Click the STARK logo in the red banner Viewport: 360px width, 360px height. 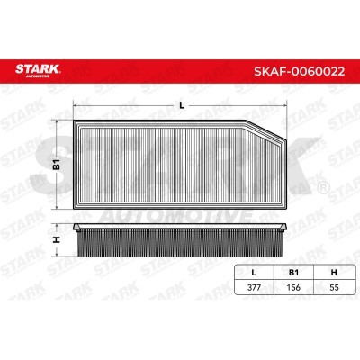click(x=38, y=70)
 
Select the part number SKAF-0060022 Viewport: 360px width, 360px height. click(x=299, y=71)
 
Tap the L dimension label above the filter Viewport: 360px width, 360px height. click(x=181, y=105)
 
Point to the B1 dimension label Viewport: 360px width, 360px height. click(x=57, y=165)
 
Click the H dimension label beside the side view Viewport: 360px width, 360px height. click(x=57, y=239)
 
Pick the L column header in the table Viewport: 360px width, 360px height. click(x=254, y=273)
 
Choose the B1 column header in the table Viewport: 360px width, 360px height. click(x=293, y=273)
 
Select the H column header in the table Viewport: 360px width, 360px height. click(x=334, y=273)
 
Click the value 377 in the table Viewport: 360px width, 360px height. click(x=254, y=287)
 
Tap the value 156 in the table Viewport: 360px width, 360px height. click(x=293, y=287)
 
